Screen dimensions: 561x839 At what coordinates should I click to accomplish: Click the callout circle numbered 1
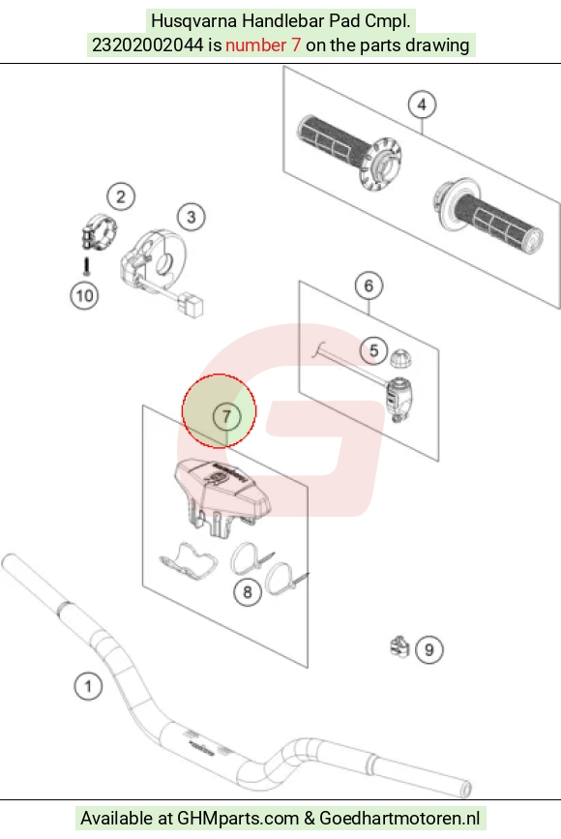[88, 685]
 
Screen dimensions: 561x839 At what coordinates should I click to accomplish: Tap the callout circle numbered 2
[121, 196]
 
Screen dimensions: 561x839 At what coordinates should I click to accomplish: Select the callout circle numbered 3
[191, 217]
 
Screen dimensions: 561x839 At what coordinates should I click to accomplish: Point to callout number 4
[422, 105]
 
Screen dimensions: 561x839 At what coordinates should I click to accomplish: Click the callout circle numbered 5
[373, 350]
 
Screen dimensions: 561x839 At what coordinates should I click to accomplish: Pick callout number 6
[369, 285]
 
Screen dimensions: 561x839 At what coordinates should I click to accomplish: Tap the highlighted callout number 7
[226, 416]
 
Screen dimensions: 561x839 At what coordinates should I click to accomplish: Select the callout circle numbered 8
[248, 592]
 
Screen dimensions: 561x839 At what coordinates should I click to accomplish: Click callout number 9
[428, 649]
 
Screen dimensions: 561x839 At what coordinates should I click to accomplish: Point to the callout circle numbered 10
[84, 295]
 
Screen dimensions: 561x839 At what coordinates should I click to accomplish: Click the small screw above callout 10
[87, 266]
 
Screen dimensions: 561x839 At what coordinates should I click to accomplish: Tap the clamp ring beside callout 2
[99, 230]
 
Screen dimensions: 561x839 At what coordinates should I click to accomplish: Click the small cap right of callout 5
[400, 358]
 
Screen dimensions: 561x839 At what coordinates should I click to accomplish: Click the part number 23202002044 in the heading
[148, 45]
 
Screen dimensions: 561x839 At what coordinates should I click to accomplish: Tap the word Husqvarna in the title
[194, 21]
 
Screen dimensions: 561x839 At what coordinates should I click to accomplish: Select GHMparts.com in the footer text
[237, 818]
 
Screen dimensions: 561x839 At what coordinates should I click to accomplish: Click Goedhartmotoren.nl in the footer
[399, 818]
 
